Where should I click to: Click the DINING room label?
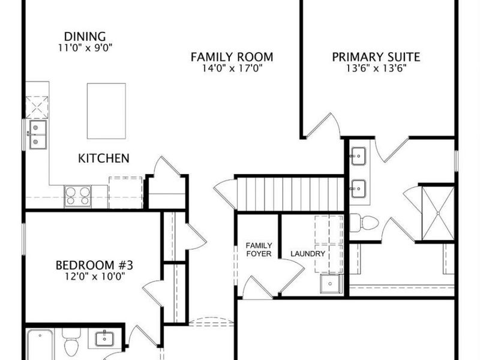(85, 36)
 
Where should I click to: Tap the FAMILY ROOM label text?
(232, 57)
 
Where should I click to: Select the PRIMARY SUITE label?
(376, 57)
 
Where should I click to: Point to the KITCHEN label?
(104, 158)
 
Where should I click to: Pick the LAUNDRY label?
(308, 254)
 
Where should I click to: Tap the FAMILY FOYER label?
(259, 250)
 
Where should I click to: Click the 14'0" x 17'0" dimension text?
(232, 68)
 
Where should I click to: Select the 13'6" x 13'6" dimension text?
(376, 68)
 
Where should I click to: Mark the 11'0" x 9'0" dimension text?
(85, 47)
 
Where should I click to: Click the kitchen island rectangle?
(106, 111)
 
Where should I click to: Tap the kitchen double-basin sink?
(37, 134)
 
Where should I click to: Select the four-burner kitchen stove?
(78, 196)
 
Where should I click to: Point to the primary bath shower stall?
(437, 212)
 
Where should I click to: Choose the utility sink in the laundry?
(331, 284)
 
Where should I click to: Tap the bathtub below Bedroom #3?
(42, 345)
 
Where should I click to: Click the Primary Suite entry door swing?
(324, 126)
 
